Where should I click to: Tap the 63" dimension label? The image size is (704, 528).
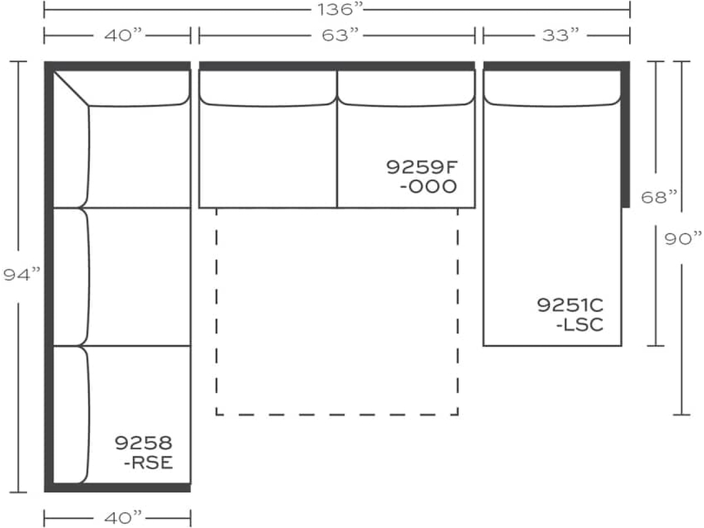coord(337,36)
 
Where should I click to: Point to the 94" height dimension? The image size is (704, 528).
coord(20,276)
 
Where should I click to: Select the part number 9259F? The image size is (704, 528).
coord(421,166)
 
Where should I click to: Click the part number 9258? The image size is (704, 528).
coord(144,443)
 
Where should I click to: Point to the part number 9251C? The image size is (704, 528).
coord(570,305)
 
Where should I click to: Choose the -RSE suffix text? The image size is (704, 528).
coord(148,463)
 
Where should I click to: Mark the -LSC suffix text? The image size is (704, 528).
coord(580,324)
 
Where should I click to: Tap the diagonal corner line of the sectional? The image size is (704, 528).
coord(71,88)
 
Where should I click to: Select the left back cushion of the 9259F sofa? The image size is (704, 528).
coord(268,87)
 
